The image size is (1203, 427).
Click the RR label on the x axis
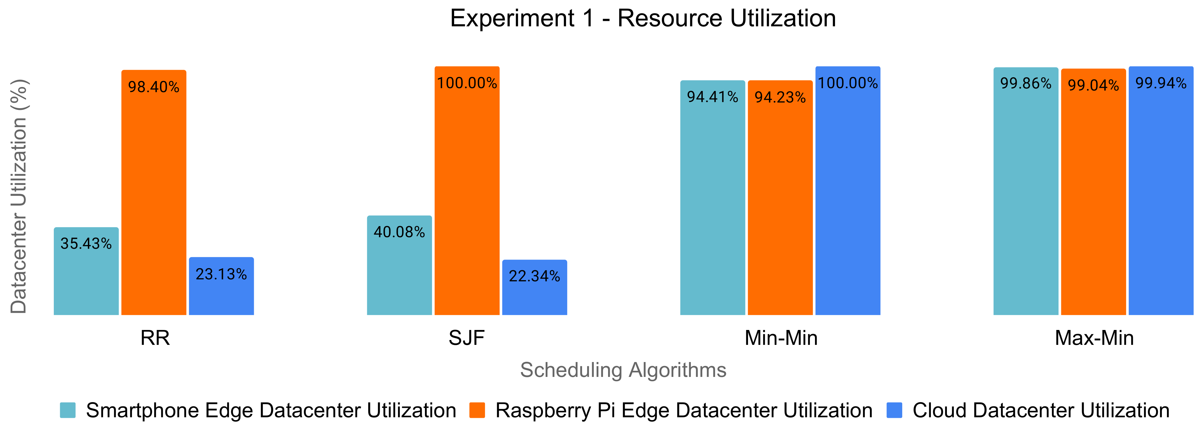(155, 338)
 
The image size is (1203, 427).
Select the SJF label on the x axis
(466, 338)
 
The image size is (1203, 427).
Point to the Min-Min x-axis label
(781, 338)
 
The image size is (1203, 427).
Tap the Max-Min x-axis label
(1094, 338)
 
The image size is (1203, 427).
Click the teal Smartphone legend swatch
(68, 410)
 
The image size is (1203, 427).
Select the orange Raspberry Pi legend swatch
(477, 410)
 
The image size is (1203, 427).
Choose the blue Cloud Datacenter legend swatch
(894, 410)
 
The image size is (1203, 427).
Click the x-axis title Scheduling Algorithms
(623, 370)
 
